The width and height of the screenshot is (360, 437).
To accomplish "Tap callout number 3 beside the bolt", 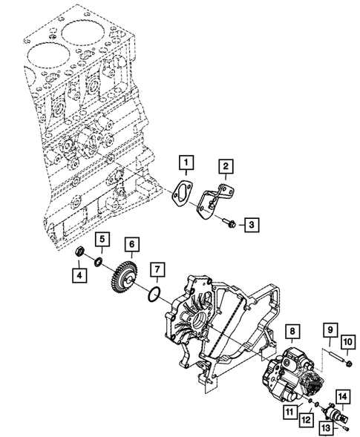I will pyautogui.click(x=252, y=223).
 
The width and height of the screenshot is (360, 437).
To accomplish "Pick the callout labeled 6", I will pyautogui.click(x=103, y=239).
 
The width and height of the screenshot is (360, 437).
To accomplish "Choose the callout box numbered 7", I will pyautogui.click(x=130, y=243).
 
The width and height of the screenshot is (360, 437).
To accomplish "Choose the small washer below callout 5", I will pyautogui.click(x=99, y=260).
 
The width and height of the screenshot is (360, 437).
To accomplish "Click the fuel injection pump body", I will pyautogui.click(x=289, y=378).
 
